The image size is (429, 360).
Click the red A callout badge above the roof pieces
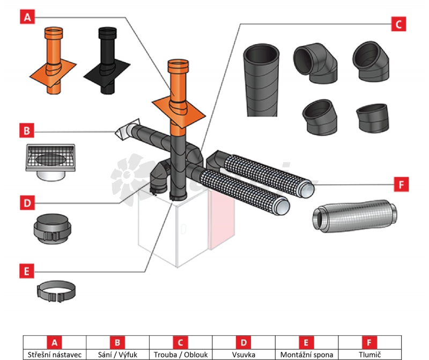[x=27, y=17]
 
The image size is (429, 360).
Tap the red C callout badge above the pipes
[x=398, y=24]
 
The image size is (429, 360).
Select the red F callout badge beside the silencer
[x=401, y=184]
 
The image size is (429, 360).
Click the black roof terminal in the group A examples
[x=107, y=61]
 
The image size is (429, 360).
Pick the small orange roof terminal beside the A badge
[x=53, y=61]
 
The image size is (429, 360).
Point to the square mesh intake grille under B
[x=50, y=161]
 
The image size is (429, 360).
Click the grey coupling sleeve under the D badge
[x=52, y=229]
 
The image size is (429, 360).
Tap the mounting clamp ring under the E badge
[x=56, y=291]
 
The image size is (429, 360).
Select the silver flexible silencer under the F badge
[x=355, y=216]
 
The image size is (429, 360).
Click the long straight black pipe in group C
[x=261, y=80]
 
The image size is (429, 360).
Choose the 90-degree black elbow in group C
[x=315, y=63]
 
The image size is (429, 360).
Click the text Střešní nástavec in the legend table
[x=55, y=355]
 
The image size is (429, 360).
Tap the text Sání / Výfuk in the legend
[x=117, y=355]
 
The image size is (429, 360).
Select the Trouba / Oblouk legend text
[x=181, y=355]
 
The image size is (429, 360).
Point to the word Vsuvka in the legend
[x=244, y=355]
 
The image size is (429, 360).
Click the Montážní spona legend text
[x=307, y=355]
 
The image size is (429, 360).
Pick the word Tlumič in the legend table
[x=370, y=355]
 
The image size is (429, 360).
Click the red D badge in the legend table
[x=243, y=342]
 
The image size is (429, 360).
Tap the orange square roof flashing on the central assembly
[x=179, y=112]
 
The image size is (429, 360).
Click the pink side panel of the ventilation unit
[x=221, y=218]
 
